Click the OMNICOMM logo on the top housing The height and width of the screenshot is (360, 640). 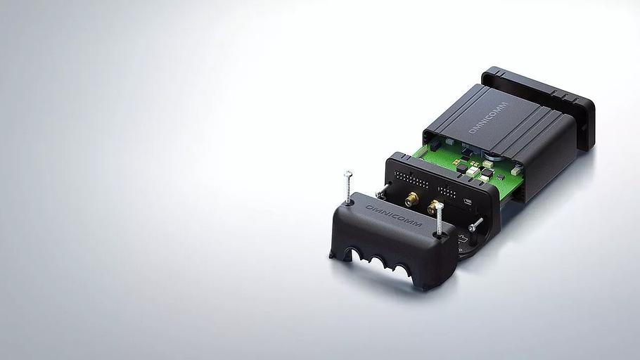[488, 117]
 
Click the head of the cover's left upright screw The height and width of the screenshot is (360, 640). [347, 174]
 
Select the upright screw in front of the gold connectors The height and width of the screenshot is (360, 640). [439, 219]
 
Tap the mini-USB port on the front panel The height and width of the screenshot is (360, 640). [468, 201]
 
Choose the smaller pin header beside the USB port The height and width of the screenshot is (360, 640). [447, 192]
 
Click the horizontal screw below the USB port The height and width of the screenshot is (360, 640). [476, 224]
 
